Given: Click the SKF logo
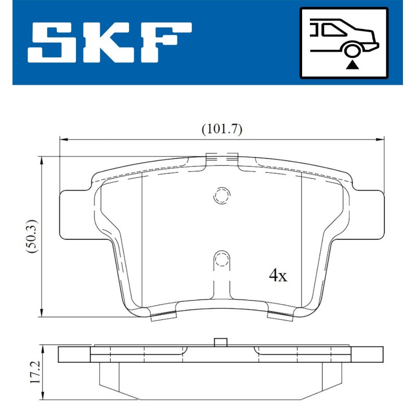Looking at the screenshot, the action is [109, 43].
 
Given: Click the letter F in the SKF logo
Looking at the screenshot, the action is [166, 43].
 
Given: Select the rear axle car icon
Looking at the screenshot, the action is [344, 43].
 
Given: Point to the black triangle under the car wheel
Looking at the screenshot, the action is [352, 64].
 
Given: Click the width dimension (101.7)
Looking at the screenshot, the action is [222, 129].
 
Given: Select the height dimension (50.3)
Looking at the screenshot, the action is [33, 237].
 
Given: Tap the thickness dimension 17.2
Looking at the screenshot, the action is [35, 372].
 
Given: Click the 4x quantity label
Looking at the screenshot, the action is [278, 276].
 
